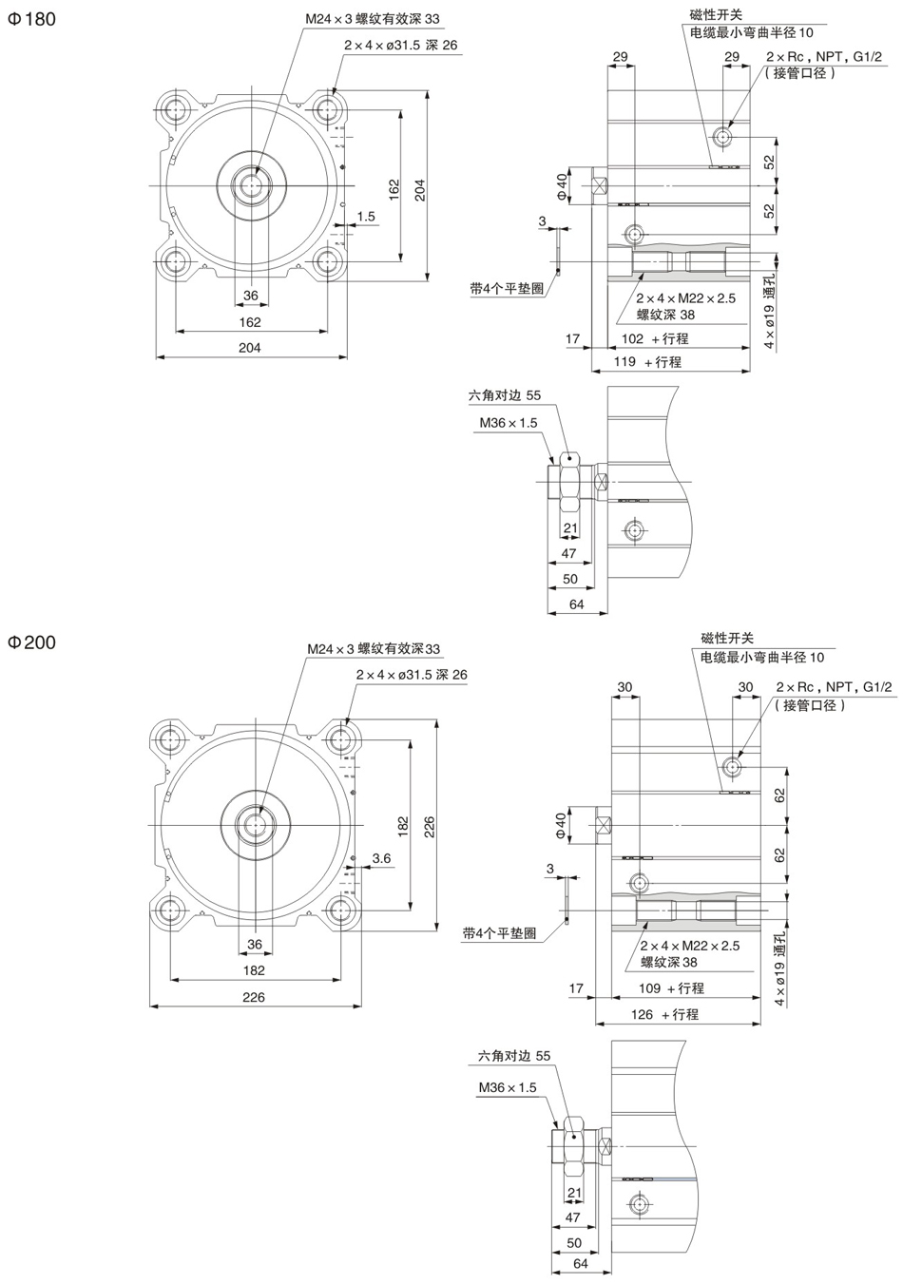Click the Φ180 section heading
32,18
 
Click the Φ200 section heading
32,642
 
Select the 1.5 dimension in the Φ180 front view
366,216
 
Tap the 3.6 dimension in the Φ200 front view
381,857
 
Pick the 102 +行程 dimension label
654,338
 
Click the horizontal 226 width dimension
253,997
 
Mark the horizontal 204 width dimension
249,348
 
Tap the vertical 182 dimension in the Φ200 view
402,825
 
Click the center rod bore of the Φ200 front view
254,823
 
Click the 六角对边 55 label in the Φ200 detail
513,1055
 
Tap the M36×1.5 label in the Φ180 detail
508,423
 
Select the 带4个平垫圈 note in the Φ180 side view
507,288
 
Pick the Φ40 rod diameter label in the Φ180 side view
562,185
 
